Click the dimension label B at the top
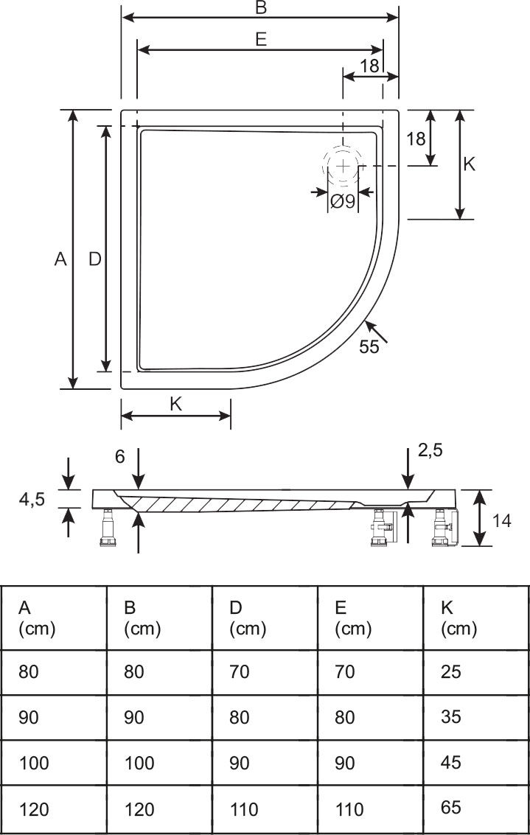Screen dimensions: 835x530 (x=260, y=8)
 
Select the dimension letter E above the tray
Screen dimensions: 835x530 (x=261, y=40)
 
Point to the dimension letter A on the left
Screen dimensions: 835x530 (x=60, y=259)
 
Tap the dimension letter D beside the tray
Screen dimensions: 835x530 (x=94, y=259)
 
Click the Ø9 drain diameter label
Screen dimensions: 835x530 (x=343, y=200)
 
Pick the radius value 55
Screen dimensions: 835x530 (x=369, y=346)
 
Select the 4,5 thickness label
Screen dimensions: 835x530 (x=32, y=500)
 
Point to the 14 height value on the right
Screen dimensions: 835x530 (x=502, y=520)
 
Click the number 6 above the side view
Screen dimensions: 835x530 (x=120, y=456)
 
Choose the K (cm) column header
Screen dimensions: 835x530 (x=458, y=618)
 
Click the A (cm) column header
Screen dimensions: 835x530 (x=37, y=618)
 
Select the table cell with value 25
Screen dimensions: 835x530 (x=450, y=671)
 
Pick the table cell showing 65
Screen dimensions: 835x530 (x=450, y=808)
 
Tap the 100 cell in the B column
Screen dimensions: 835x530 (x=139, y=763)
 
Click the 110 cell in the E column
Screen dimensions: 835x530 (x=349, y=809)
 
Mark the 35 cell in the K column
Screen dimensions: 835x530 (x=450, y=717)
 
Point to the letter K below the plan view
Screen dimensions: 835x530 (x=175, y=403)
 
